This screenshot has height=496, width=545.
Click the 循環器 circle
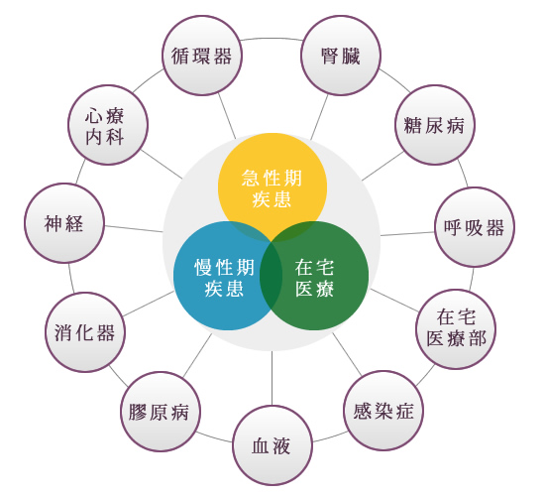(202, 56)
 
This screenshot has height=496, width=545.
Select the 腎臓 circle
(341, 56)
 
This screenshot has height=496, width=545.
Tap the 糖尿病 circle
(435, 125)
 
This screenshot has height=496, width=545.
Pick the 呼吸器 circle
(475, 227)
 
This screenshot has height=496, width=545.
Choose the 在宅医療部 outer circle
(456, 329)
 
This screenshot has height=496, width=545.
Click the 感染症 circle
(383, 411)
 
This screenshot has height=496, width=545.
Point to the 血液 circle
(272, 445)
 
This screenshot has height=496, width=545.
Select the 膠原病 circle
(161, 412)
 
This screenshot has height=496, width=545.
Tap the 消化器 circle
(85, 332)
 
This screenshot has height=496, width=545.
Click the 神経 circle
(64, 223)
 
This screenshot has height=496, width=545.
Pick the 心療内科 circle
(108, 125)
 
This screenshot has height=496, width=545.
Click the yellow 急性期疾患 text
(272, 188)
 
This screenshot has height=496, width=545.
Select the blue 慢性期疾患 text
(224, 278)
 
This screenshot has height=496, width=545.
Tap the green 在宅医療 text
(314, 278)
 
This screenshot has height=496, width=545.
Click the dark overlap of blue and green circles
(272, 276)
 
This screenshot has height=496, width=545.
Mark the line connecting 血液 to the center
(272, 378)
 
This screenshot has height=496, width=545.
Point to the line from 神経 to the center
(134, 229)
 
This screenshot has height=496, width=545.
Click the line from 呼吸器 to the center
(407, 234)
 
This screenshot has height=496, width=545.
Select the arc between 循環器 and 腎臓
(272, 38)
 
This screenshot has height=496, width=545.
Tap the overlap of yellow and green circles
(299, 231)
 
